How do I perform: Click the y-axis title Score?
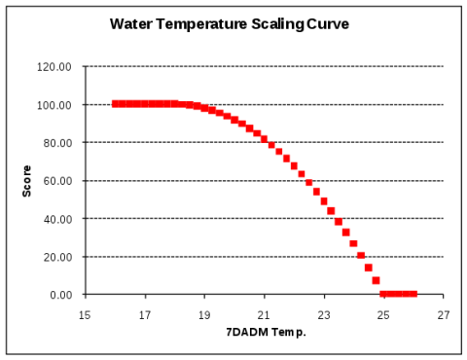pyautogui.click(x=26, y=180)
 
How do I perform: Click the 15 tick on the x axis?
pyautogui.click(x=86, y=315)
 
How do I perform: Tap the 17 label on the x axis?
pyautogui.click(x=145, y=315)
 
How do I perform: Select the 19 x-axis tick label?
pyautogui.click(x=205, y=315)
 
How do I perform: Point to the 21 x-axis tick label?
pyautogui.click(x=265, y=315)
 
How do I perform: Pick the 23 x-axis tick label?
pyautogui.click(x=325, y=315)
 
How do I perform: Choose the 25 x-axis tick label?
pyautogui.click(x=384, y=315)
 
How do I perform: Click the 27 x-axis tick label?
pyautogui.click(x=444, y=315)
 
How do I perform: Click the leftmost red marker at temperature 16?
pyautogui.click(x=116, y=103)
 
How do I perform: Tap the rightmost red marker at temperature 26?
pyautogui.click(x=413, y=293)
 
